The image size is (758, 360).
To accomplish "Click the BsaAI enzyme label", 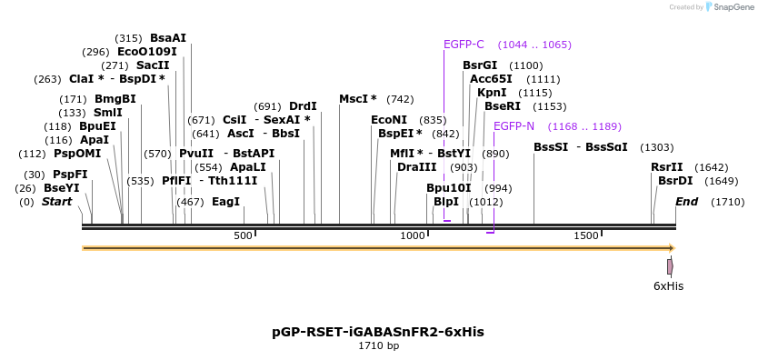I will (x=168, y=38).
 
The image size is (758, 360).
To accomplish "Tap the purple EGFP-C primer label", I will (x=464, y=45).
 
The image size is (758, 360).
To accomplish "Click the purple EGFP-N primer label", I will (x=514, y=126).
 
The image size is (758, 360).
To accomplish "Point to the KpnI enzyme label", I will (x=492, y=93).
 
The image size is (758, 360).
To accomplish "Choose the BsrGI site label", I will (x=480, y=65).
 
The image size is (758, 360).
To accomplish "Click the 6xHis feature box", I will (x=670, y=266).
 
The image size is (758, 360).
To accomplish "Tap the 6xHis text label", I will (x=668, y=286).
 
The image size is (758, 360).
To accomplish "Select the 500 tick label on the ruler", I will (x=243, y=236).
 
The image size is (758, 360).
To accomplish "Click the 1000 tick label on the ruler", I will (x=414, y=236).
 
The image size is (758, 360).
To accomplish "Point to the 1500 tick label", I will (x=585, y=236).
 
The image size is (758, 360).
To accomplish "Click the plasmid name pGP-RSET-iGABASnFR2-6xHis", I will (x=378, y=332).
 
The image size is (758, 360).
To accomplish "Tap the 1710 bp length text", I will (x=378, y=346).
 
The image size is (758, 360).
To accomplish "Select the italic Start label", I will (x=56, y=202).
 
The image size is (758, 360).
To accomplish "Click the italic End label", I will (x=686, y=202).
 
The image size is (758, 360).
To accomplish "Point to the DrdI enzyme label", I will (x=303, y=106).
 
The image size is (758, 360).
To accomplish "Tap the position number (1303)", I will (x=656, y=147).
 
